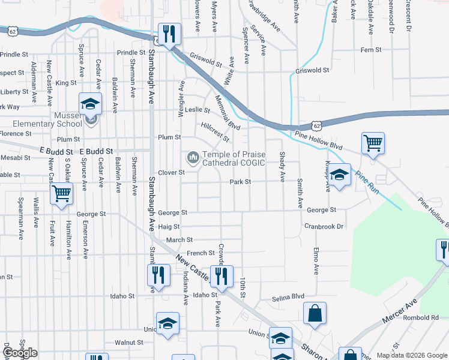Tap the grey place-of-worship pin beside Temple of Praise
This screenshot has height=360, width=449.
pos(193,158)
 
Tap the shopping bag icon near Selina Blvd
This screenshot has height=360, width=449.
pos(315,313)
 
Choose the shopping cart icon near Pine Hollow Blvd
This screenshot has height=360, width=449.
pos(373,144)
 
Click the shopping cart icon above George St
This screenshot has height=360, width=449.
pos(62,194)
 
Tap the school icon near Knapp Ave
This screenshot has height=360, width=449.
pos(340,176)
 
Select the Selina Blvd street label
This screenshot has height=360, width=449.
pos(289,297)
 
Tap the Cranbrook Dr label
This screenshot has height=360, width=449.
pos(324,227)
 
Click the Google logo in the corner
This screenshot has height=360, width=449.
pos(20,353)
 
